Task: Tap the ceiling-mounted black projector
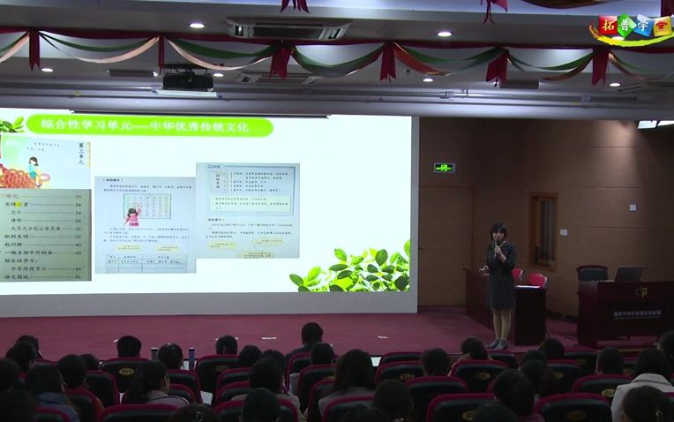(x=187, y=81)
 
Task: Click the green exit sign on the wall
(x=443, y=167)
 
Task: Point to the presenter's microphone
(x=497, y=249)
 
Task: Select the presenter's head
(x=498, y=233)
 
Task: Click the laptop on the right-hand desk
(x=628, y=274)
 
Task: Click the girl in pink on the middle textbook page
(x=133, y=215)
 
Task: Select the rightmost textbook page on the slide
(x=247, y=209)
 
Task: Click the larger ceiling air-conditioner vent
(x=288, y=31)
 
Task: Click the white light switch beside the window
(x=564, y=232)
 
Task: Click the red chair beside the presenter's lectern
(x=535, y=280)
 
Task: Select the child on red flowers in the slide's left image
(x=31, y=168)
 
